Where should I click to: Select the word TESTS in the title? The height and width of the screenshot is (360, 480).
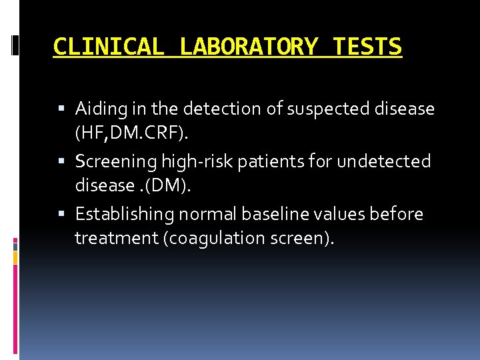click(367, 47)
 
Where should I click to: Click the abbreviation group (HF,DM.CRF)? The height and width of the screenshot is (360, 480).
click(132, 134)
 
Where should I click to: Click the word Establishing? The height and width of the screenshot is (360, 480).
click(123, 214)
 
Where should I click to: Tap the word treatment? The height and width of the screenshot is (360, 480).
click(115, 238)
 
